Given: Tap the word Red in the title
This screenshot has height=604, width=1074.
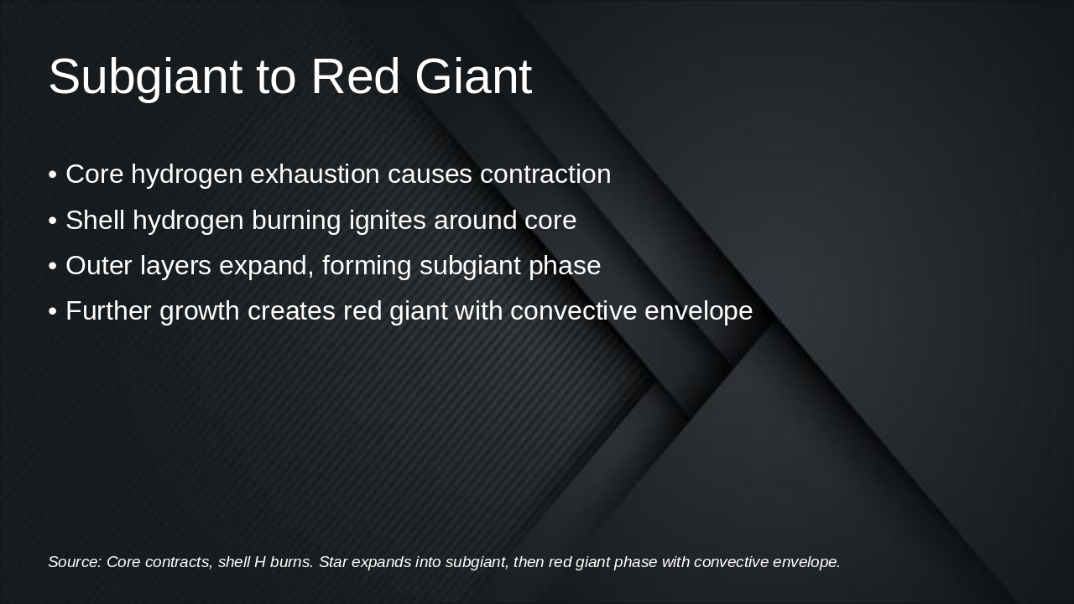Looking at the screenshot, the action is tap(355, 76).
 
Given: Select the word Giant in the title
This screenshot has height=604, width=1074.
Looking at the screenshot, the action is tap(473, 76).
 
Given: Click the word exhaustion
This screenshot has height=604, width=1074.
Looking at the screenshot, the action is tap(315, 174).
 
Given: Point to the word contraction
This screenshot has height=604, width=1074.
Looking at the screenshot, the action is tap(545, 174).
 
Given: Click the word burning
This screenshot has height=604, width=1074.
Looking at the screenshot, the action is tap(296, 221).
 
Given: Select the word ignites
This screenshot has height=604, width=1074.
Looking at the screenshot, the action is tap(388, 221).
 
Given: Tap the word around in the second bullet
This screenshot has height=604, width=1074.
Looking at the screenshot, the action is tap(475, 220).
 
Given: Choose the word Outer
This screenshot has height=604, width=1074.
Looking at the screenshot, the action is tap(98, 266).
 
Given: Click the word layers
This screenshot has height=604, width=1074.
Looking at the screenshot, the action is tap(175, 267).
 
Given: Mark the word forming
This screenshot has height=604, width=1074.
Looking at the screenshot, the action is tap(367, 267).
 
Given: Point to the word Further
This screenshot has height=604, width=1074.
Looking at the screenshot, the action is tap(108, 311).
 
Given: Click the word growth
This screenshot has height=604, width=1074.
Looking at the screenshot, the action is tap(200, 312).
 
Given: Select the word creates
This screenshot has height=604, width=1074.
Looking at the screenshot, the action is tap(291, 312).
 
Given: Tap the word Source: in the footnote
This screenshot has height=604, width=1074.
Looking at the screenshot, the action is tap(75, 562).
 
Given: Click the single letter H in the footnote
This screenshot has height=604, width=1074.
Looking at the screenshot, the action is tap(260, 562).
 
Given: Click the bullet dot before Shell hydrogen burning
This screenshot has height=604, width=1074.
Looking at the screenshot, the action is tap(53, 221).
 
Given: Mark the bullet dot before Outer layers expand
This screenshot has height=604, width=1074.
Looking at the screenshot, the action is tap(53, 267).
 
